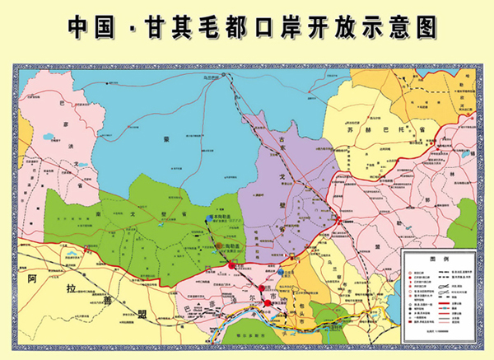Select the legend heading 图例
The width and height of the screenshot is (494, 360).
click(x=441, y=256)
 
